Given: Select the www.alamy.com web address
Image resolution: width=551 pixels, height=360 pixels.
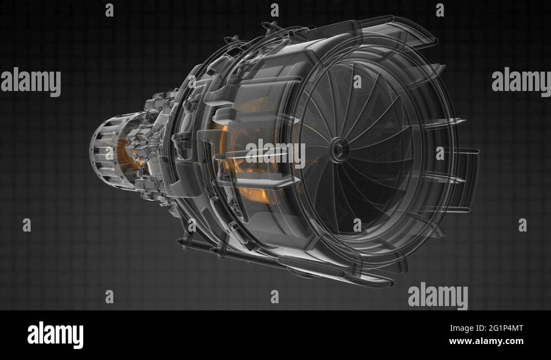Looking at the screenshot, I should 487,341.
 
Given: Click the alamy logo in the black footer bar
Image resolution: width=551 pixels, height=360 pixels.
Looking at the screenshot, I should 55,335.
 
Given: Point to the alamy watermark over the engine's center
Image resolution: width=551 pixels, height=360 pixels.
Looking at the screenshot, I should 275,154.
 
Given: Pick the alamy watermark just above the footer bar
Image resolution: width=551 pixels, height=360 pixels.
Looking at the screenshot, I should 437,296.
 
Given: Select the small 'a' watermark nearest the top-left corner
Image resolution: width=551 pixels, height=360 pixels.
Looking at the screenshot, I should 109,10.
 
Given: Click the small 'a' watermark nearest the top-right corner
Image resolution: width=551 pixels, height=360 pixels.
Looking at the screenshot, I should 440,10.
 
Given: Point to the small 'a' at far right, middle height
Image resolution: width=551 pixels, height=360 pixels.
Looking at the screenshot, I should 522,225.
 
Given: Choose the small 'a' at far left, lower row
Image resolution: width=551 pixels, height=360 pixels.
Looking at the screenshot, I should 26,225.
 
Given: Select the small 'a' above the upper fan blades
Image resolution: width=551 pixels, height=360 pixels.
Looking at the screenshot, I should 357,82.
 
